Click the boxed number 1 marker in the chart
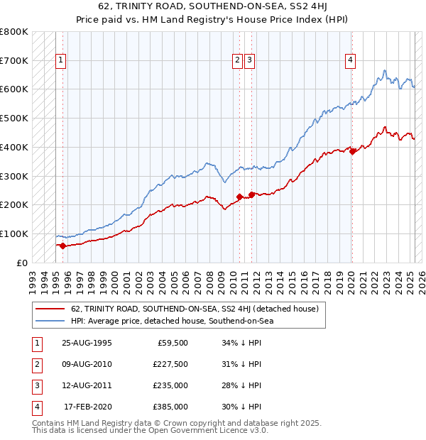point(62,61)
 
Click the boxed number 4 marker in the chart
point(351,61)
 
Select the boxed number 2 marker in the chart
point(237,61)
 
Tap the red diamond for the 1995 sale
point(62,246)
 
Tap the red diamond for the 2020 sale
point(352,150)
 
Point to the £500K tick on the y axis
point(14,118)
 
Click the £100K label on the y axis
point(14,233)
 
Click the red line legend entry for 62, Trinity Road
point(195,309)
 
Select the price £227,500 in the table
point(171,364)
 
